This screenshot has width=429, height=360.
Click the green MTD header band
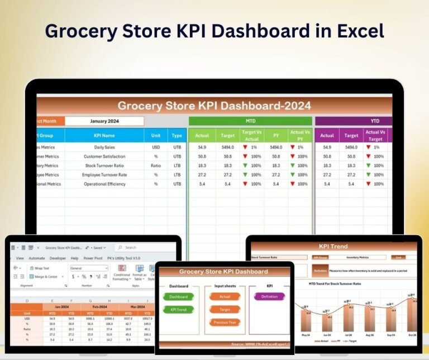pos(250,121)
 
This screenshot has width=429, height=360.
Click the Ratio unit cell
pos(156,166)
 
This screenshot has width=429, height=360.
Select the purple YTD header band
pos(353,121)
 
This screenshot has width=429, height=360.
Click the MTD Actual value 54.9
pos(202,147)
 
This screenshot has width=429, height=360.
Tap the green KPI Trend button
pos(179,309)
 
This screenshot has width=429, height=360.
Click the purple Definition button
pos(269,296)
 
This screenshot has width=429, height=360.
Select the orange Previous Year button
pos(225,323)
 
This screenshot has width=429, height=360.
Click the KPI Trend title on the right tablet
pos(333,246)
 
